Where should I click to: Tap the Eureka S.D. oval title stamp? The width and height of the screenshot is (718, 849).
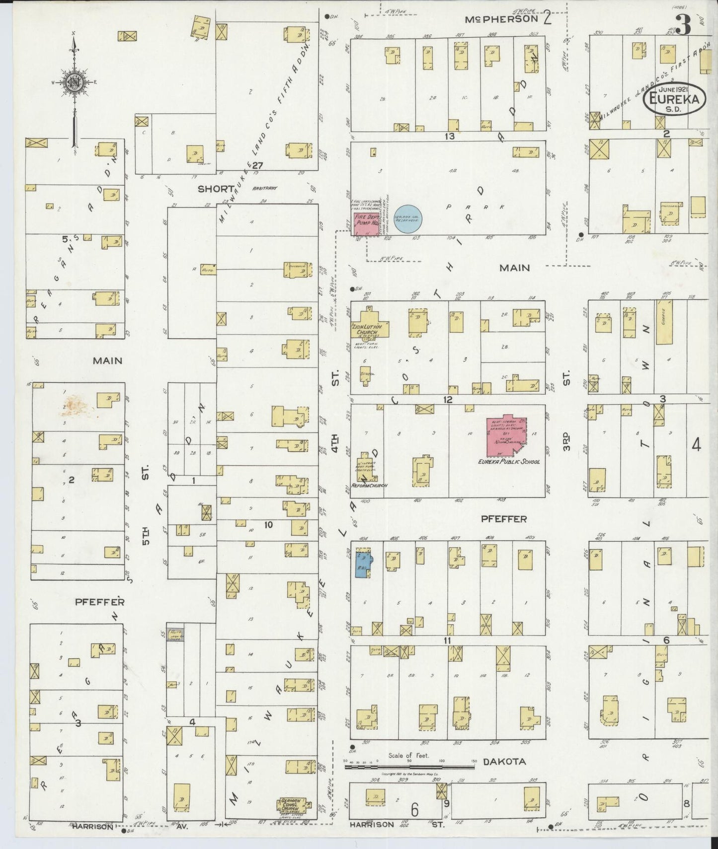pos(674,101)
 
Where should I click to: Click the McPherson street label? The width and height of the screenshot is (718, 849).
pos(501,19)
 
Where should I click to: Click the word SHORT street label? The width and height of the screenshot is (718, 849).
pos(216,189)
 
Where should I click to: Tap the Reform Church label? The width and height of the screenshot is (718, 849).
pos(369,485)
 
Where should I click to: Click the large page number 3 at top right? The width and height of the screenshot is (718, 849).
pos(683,25)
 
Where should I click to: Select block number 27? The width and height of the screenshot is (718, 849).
pos(257,165)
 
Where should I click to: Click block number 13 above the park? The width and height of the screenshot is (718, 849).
pos(450,136)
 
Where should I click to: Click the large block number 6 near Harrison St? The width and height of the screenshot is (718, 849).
pos(414,810)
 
